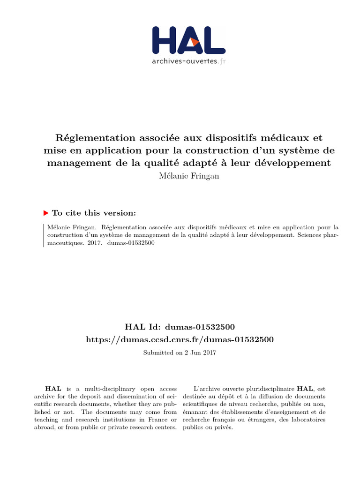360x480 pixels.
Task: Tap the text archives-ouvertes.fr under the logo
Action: pos(188,61)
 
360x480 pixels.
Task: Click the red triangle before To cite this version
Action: pos(46,213)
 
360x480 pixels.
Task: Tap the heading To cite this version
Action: pos(94,213)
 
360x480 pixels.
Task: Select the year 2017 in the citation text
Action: pos(94,243)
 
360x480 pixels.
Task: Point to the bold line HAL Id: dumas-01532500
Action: pos(180,327)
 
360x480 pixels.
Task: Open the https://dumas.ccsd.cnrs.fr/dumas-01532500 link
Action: pos(180,339)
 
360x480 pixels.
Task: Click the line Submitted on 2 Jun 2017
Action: pos(180,352)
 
